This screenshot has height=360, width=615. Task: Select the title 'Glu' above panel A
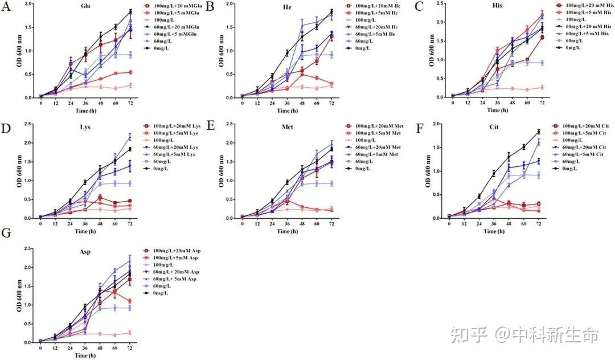87,6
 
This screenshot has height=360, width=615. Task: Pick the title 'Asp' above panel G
87,251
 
